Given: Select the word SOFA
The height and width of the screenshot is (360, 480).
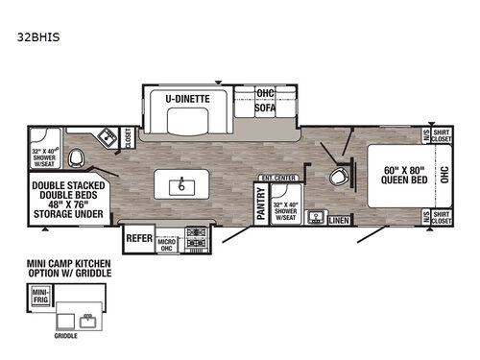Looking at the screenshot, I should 265,108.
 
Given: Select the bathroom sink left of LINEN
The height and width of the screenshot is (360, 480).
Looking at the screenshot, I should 313,217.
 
